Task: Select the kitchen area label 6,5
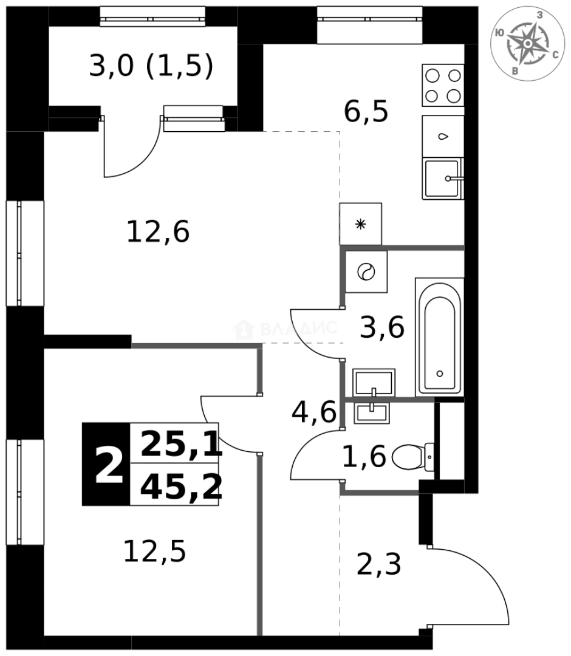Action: (366, 111)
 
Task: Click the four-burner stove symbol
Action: (443, 85)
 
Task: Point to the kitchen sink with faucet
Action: (442, 179)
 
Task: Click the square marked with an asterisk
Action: (361, 224)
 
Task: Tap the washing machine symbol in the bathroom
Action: (366, 272)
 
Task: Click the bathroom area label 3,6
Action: (382, 328)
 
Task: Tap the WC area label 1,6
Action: (364, 456)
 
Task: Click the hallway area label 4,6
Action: (313, 413)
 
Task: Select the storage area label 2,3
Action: (378, 564)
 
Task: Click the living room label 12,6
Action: (158, 231)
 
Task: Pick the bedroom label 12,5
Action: (154, 551)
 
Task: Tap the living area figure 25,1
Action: (180, 444)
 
